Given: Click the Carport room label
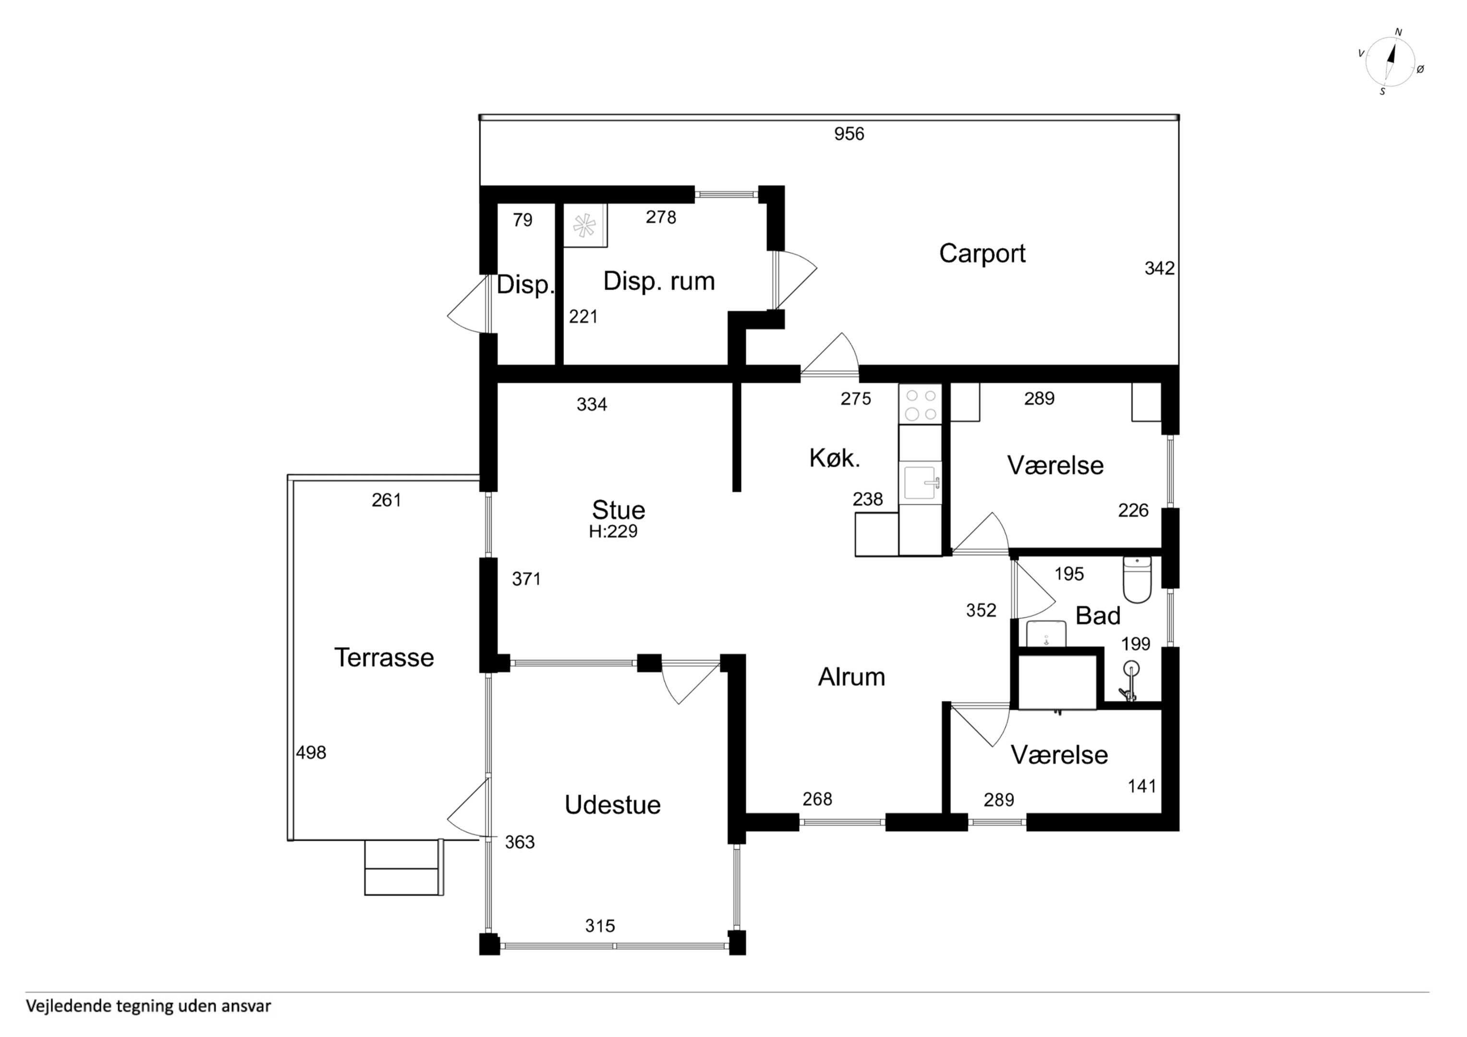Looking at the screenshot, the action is coord(982,253).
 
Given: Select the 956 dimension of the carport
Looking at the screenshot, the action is coord(849,133).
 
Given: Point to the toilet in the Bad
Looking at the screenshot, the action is coord(1137,579).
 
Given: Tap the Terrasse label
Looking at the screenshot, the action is coord(384,657).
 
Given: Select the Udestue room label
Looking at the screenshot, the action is coord(612,805).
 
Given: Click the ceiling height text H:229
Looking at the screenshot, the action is coord(613,531).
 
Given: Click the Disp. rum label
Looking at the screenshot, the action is coord(659,281).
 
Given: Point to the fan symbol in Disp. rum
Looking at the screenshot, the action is coord(584,226).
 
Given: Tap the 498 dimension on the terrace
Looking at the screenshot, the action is coord(311,753).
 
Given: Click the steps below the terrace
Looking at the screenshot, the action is coord(403,868).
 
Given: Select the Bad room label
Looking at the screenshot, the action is coord(1098,616).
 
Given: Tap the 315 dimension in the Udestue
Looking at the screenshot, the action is coord(600,926).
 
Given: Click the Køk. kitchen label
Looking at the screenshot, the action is coord(835,458).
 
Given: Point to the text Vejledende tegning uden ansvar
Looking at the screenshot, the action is coord(148,1006).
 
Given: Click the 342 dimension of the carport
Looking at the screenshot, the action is coord(1159,268).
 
